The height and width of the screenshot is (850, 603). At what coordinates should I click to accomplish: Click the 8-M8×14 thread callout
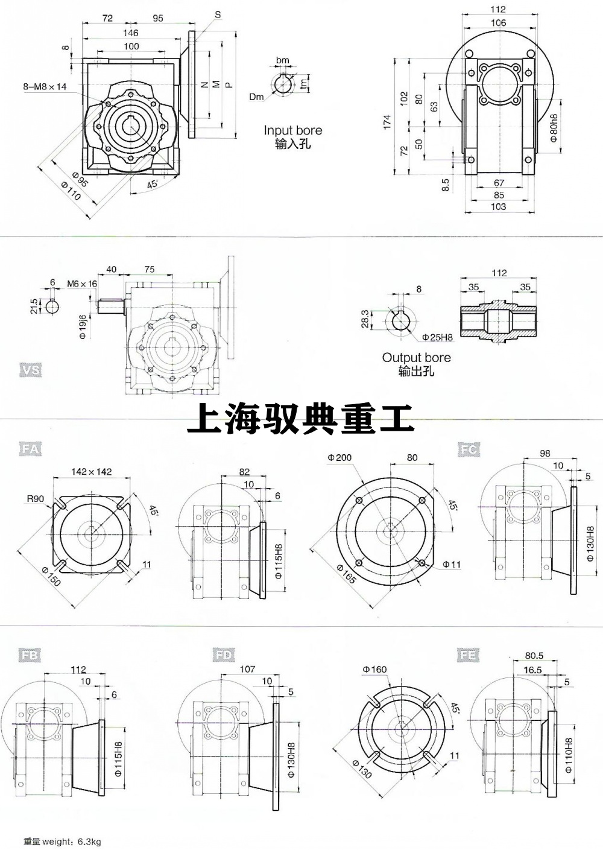click(45, 87)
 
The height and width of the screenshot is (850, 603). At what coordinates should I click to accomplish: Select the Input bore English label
click(292, 130)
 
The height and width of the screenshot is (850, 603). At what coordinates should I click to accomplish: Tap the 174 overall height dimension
click(387, 121)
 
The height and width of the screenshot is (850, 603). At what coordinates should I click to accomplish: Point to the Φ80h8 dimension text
click(554, 127)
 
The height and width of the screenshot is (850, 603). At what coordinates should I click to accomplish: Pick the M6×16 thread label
click(82, 284)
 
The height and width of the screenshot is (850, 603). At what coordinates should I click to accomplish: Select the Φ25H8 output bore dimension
click(437, 337)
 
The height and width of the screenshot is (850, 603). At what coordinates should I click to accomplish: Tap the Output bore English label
click(416, 358)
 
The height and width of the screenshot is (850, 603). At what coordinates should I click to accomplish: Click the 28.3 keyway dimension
click(364, 320)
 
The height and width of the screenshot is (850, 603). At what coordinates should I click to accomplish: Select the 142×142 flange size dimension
click(92, 471)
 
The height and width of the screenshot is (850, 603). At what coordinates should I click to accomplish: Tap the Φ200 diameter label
click(339, 458)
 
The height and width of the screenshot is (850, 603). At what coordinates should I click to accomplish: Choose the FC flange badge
click(469, 449)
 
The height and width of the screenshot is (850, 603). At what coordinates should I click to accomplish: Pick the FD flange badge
click(223, 655)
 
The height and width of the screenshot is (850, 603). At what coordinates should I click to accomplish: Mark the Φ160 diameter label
click(374, 670)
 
